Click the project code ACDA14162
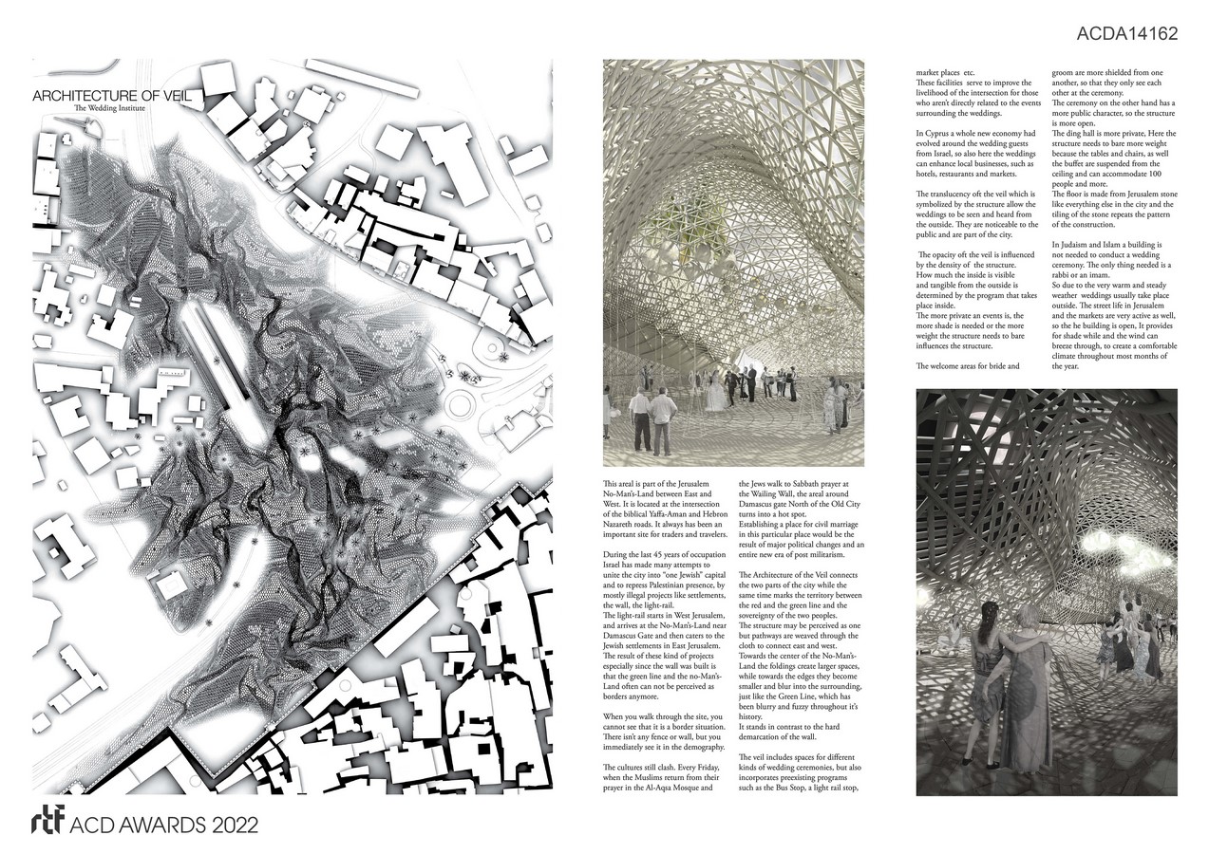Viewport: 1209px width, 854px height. (1127, 34)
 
